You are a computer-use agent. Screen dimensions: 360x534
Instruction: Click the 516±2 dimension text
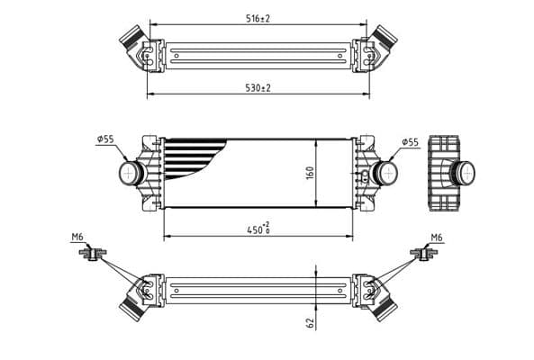coord(258,18)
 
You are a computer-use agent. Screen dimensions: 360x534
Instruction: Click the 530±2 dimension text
coord(258,87)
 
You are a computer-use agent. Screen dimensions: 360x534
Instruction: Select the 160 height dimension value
coord(308,172)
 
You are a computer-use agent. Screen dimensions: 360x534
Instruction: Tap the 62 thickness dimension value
coord(308,322)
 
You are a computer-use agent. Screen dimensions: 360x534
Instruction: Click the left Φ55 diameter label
coord(105,139)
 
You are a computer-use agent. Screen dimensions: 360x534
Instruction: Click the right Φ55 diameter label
coord(410,141)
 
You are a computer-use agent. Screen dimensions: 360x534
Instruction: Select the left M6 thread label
coord(77,237)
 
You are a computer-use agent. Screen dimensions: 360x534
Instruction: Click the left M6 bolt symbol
coord(91,255)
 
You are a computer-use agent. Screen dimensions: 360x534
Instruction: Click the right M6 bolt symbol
coord(421,255)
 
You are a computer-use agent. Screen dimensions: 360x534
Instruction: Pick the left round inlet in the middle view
coord(132,172)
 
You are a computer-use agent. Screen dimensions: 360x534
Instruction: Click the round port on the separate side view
coord(464,171)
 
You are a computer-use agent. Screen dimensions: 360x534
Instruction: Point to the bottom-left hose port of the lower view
coord(132,306)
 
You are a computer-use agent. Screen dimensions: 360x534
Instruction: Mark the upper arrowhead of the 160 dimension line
coord(316,142)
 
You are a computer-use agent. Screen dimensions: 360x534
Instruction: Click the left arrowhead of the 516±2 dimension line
coord(150,24)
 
